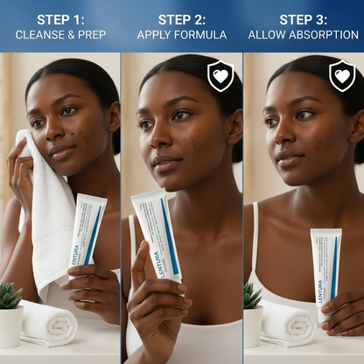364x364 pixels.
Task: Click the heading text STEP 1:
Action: pyautogui.click(x=59, y=18)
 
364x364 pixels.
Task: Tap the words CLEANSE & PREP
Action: pyautogui.click(x=59, y=35)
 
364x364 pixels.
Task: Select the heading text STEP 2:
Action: pyautogui.click(x=181, y=18)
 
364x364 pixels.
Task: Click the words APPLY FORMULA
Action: pyautogui.click(x=181, y=35)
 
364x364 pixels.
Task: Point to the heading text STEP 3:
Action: pyautogui.click(x=303, y=18)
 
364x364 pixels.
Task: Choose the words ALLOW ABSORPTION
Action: pyautogui.click(x=303, y=35)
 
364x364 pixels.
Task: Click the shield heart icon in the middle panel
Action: pyautogui.click(x=220, y=76)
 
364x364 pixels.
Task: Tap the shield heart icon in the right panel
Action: pyautogui.click(x=341, y=76)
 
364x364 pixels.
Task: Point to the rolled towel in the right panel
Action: pyautogui.click(x=285, y=324)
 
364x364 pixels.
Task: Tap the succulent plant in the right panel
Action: pyautogui.click(x=252, y=297)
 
